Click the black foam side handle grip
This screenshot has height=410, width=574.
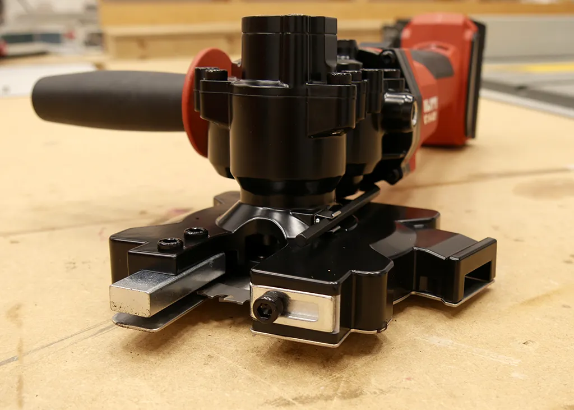click(107, 101)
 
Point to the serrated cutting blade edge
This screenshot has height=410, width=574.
click(224, 292)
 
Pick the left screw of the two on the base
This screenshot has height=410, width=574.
click(170, 244)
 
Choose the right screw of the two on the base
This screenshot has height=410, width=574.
click(196, 232)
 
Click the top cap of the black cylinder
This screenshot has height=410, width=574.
click(289, 24)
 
